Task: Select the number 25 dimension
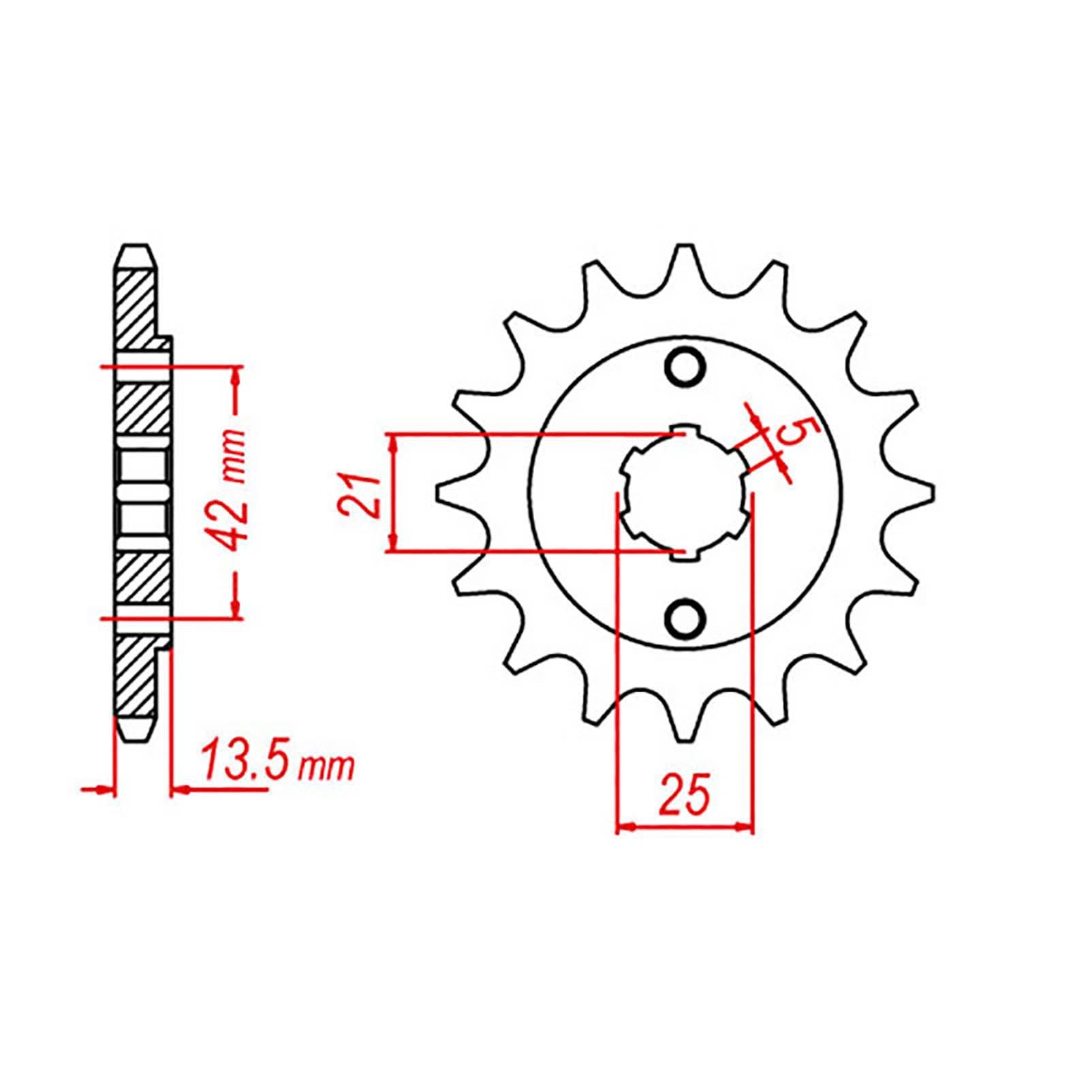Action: coord(684,794)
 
